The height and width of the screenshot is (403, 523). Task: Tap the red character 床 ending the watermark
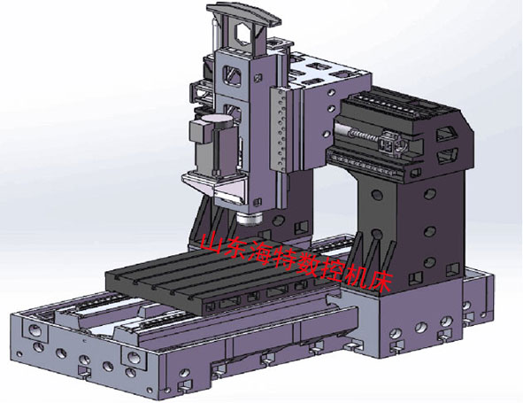click(380, 283)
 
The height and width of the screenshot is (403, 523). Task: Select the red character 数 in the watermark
click(308, 265)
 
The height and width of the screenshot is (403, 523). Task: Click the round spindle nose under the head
click(249, 219)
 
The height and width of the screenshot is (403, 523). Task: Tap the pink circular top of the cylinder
click(217, 119)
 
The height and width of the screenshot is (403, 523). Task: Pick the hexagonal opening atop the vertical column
click(245, 34)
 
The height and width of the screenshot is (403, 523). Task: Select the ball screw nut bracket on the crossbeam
click(391, 143)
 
